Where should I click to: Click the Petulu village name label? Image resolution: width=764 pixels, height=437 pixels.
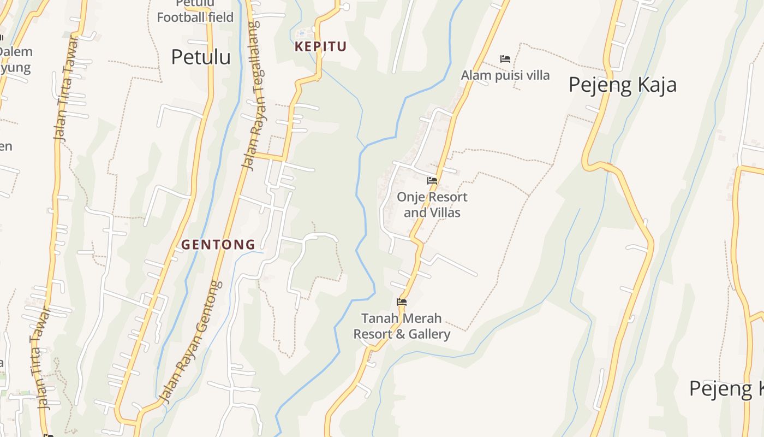[201, 57]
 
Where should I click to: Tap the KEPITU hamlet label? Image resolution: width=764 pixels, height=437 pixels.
[321, 46]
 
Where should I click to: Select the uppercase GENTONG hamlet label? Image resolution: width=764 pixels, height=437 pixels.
[218, 245]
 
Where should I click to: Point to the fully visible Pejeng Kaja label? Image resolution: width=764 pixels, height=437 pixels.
[622, 85]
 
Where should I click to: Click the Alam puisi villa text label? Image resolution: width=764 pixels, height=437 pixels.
[505, 75]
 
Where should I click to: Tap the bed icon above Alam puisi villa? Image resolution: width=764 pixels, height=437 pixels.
[505, 59]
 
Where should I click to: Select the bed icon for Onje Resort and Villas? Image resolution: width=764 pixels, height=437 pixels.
[432, 181]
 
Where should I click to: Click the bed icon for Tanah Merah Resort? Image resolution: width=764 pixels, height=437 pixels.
[402, 302]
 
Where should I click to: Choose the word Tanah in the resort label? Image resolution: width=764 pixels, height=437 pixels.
[378, 318]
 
